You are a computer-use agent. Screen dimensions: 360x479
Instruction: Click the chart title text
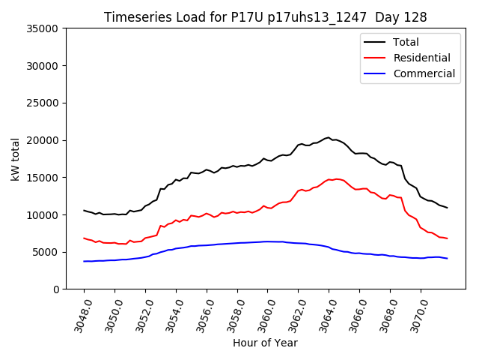[265, 17]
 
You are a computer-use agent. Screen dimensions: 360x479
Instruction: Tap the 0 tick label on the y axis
[56, 289]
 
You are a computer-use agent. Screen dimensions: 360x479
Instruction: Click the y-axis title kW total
[15, 158]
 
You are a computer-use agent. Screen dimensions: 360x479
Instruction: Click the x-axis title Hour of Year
[265, 343]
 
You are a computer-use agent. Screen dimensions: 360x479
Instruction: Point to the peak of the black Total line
[329, 137]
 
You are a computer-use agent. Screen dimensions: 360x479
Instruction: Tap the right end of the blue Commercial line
[447, 259]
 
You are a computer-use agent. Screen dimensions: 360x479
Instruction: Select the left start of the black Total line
[84, 210]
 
